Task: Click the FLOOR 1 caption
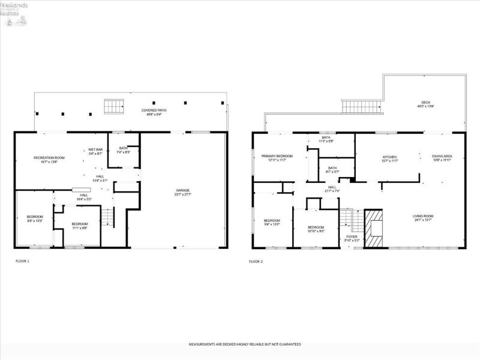[x=22, y=261]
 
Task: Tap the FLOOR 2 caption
[x=256, y=261]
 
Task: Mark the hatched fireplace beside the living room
[x=374, y=228]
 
